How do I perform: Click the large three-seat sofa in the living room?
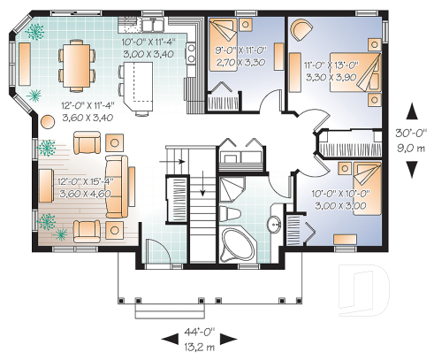[114, 186]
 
